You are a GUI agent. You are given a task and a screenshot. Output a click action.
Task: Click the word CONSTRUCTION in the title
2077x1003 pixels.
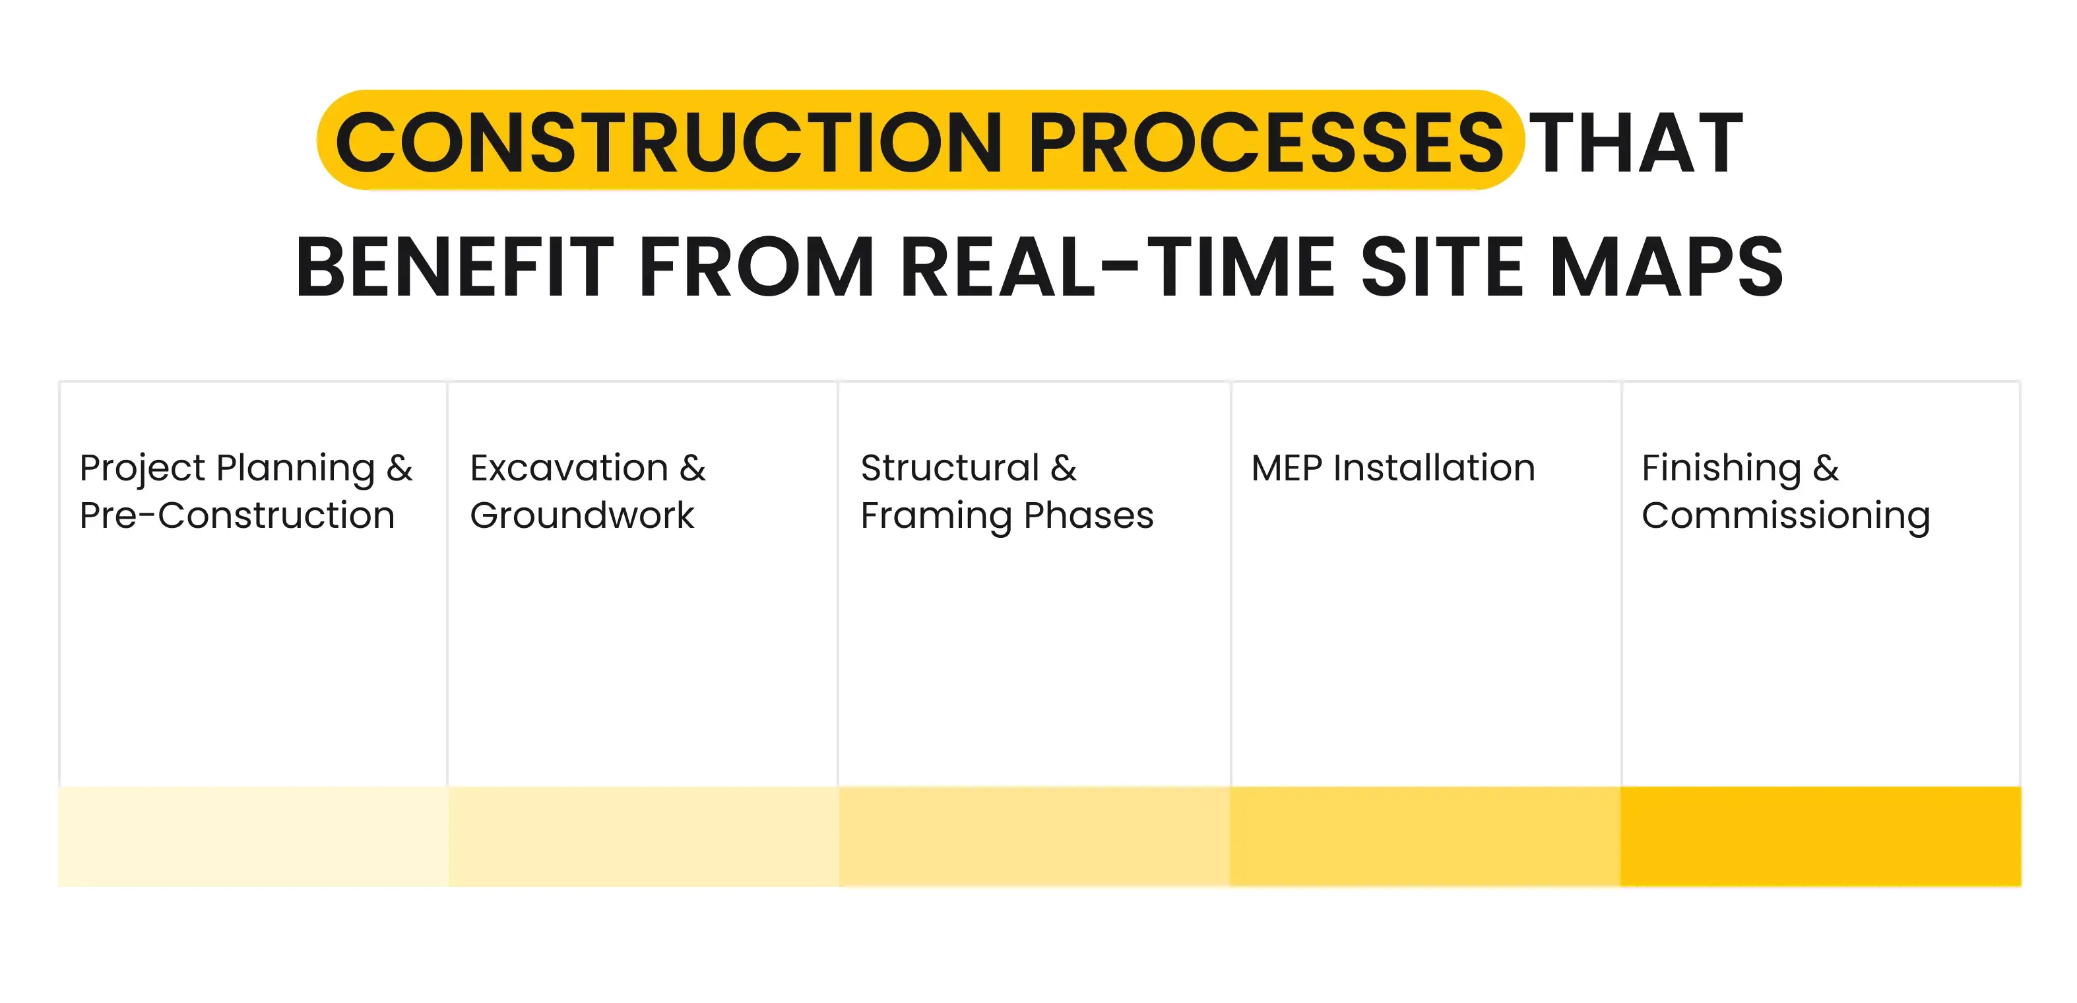[x=668, y=143]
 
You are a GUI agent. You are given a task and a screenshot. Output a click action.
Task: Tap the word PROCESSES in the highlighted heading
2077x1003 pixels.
[x=1265, y=143]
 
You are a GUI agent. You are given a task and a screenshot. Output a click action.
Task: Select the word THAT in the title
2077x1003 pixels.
[x=1636, y=143]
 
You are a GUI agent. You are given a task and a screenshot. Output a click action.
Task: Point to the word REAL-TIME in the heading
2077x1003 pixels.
[x=1118, y=268]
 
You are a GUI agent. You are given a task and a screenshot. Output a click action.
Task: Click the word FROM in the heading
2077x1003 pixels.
[x=756, y=268]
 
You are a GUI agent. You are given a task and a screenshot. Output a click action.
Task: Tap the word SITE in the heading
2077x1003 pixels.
[x=1442, y=268]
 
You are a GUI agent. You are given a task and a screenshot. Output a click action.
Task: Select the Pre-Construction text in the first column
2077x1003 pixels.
[x=237, y=516]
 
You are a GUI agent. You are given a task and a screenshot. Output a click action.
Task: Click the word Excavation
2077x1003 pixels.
[x=569, y=469]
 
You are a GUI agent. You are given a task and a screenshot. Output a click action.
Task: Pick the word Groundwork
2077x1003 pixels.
[x=581, y=516]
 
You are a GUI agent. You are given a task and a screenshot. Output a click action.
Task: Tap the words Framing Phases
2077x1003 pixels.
[x=1007, y=516]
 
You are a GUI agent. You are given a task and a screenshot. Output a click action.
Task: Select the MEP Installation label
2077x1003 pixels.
[x=1392, y=469]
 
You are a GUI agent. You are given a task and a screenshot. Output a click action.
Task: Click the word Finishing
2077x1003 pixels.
[x=1721, y=469]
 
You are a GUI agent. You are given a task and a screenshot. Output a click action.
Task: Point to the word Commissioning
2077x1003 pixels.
[x=1786, y=516]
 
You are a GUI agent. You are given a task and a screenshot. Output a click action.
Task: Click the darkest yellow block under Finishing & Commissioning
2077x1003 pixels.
[x=1820, y=836]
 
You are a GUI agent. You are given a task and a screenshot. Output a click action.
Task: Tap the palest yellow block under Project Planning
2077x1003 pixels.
[x=253, y=836]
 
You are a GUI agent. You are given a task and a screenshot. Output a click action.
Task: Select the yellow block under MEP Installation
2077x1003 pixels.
[x=1424, y=836]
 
